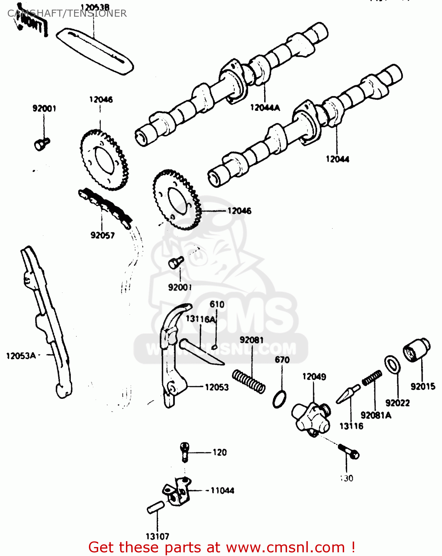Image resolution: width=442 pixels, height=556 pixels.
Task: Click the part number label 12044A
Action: click(265, 107)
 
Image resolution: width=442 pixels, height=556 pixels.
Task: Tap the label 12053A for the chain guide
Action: click(21, 356)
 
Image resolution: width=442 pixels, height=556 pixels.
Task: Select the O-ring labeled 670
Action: click(279, 399)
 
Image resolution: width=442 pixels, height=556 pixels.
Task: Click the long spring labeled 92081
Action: click(249, 381)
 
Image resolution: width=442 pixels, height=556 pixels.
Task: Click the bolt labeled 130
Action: click(349, 450)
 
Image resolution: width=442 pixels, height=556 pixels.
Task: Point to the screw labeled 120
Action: click(185, 451)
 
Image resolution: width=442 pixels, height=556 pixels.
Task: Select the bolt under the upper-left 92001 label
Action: click(41, 143)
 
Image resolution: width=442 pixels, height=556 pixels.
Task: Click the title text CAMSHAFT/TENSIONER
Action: click(67, 13)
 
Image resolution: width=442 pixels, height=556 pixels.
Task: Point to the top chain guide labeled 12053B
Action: click(95, 51)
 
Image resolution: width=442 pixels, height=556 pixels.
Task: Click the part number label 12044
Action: click(338, 159)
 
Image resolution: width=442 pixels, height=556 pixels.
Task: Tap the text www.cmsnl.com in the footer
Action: click(285, 547)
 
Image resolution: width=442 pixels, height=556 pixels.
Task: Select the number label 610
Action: click(217, 304)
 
